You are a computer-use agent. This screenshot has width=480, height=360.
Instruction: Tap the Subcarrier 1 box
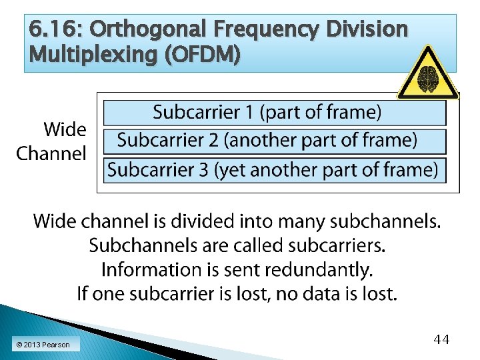pos(274,113)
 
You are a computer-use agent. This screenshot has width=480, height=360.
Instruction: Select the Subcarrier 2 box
pos(274,141)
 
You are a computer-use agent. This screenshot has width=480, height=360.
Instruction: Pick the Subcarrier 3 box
pos(274,170)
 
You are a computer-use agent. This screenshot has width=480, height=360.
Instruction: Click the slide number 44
pos(441,340)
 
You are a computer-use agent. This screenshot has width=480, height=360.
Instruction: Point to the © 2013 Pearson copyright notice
pos(43,345)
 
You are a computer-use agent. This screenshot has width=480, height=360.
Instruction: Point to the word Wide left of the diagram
pos(65,129)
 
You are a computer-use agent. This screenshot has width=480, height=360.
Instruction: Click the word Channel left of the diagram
pos(51,154)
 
